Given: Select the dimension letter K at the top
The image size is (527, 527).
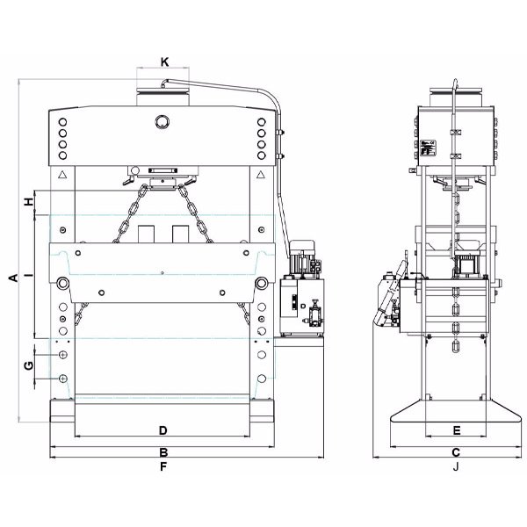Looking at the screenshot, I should tap(163, 62).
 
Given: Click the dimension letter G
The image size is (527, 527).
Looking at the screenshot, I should tap(28, 365).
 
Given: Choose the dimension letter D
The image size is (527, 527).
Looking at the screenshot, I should tap(162, 430).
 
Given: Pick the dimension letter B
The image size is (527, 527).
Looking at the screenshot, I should tap(162, 453).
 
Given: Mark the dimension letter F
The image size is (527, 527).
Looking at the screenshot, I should tap(162, 467).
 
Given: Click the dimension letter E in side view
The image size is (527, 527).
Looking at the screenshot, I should tap(456, 430).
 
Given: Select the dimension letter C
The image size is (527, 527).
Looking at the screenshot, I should tap(456, 453).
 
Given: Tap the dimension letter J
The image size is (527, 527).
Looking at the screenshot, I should tap(456, 467).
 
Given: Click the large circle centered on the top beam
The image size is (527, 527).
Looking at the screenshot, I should tap(162, 121).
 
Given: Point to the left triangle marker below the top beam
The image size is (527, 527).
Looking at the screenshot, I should tap(62, 176).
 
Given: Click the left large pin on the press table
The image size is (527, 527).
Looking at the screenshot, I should tap(63, 283).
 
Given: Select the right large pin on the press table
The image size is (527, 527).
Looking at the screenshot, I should tap(262, 283).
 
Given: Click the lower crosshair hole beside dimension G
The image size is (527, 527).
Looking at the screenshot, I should tap(63, 378).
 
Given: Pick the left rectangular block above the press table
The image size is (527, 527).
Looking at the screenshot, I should tap(146, 233).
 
